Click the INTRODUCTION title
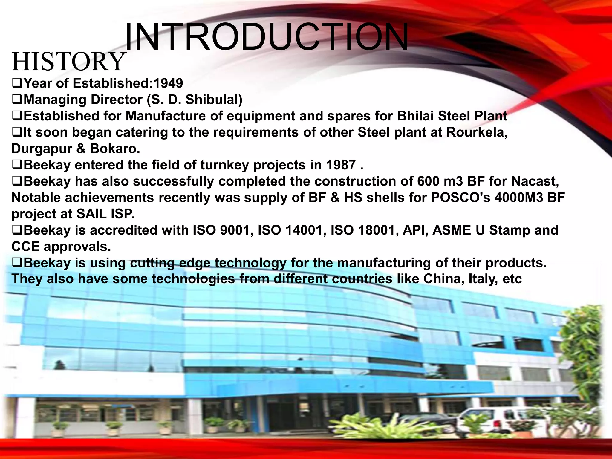tap(266, 37)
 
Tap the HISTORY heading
tap(68, 62)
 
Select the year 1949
tap(168, 83)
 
